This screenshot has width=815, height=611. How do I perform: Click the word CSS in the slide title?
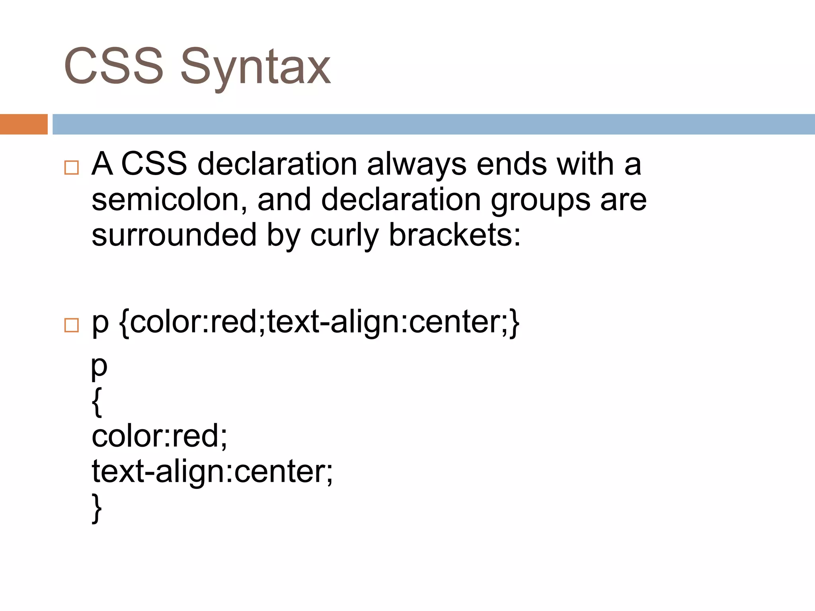coord(113,66)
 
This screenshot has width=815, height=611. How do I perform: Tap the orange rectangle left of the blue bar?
coord(23,124)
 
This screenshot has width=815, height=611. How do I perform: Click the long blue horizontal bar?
coord(433,124)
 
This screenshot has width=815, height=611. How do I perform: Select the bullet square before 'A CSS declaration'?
coord(72,167)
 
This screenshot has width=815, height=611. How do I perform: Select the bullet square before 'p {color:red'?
coord(72,325)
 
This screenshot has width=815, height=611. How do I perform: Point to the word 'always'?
coord(416,165)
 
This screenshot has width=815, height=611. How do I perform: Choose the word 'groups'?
coord(540,200)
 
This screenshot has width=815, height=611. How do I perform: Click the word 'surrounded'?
coord(174,235)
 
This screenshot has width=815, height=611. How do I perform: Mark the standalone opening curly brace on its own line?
coord(97,402)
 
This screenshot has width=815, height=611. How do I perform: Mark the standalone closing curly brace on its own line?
coord(97,508)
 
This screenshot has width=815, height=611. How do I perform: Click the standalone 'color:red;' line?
coord(159,436)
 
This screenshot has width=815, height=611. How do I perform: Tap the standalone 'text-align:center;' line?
coord(212,472)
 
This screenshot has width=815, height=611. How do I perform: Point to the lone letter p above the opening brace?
coord(99,367)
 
